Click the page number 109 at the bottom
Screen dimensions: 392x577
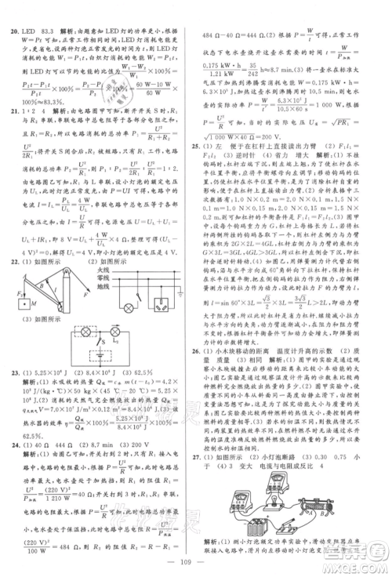(195, 563)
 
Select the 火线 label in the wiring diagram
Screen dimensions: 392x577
(102, 270)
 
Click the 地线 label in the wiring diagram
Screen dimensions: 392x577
(102, 286)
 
